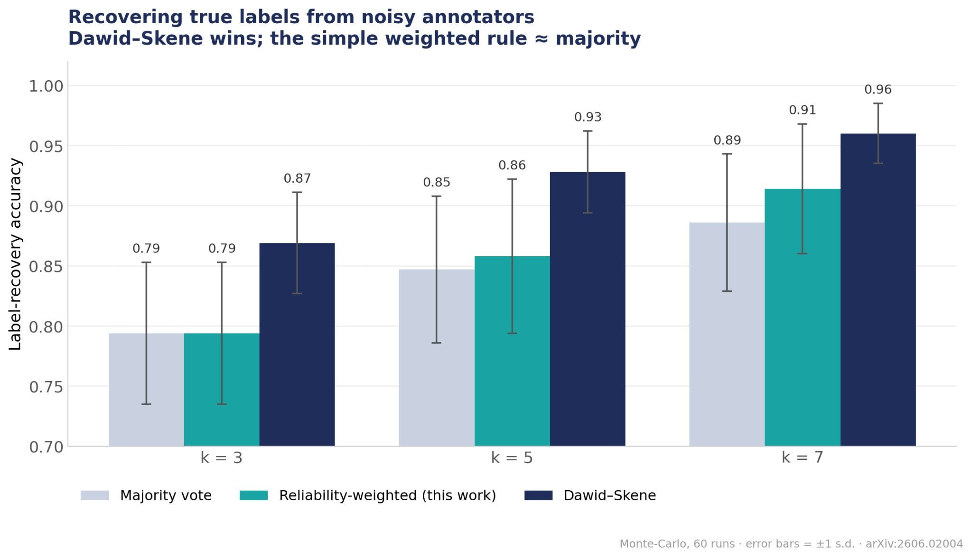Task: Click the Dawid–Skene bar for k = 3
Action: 297,344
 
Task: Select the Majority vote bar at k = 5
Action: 437,358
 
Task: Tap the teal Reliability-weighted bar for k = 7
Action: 803,317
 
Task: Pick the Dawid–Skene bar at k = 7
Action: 878,290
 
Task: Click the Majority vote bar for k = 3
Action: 146,390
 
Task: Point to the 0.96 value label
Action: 878,90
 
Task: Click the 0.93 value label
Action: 588,117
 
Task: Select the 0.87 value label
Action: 297,178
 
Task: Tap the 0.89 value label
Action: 727,140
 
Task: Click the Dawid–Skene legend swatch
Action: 538,495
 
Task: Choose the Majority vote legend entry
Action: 146,495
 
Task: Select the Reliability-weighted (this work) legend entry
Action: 368,495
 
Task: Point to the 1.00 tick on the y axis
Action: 46,86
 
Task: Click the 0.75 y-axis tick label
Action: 46,387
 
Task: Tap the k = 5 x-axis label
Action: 512,458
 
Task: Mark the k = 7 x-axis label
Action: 802,458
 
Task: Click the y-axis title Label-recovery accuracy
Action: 15,254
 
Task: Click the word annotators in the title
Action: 478,18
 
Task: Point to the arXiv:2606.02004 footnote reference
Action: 914,544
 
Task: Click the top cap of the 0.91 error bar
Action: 803,124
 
